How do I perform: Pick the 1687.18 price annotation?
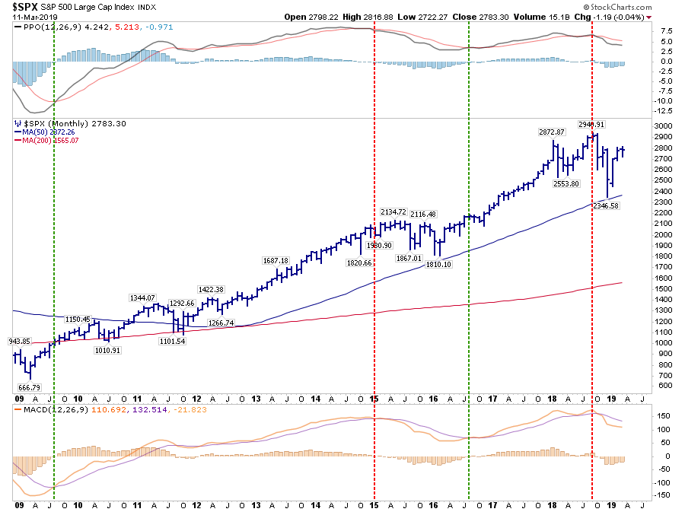(275, 260)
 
